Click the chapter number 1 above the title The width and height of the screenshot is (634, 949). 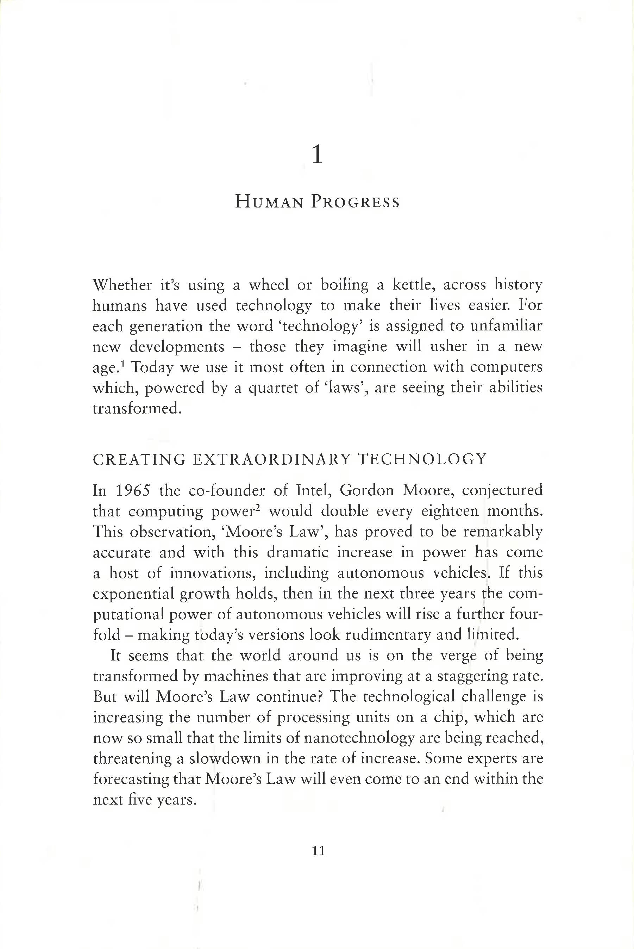pyautogui.click(x=318, y=155)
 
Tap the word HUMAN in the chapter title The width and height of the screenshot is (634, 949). pyautogui.click(x=269, y=202)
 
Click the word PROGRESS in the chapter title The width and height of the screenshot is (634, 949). pyautogui.click(x=355, y=202)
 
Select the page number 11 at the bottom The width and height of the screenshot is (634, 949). pyautogui.click(x=319, y=851)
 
